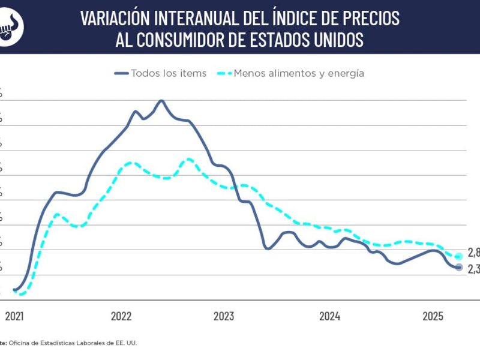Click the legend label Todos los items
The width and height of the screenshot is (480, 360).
[169, 73]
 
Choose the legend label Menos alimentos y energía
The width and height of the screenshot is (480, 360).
[299, 73]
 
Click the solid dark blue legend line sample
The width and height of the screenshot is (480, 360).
[121, 73]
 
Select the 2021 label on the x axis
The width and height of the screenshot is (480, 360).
[14, 316]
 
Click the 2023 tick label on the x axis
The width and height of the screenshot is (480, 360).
[224, 316]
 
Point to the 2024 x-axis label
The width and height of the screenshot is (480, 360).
[330, 316]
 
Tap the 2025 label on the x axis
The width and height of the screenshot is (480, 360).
[433, 316]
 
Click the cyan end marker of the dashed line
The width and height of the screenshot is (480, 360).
[459, 256]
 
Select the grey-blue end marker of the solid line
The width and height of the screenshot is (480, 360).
[459, 267]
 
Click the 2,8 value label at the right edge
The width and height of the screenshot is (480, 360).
[473, 252]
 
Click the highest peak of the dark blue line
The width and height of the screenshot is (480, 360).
[161, 100]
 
